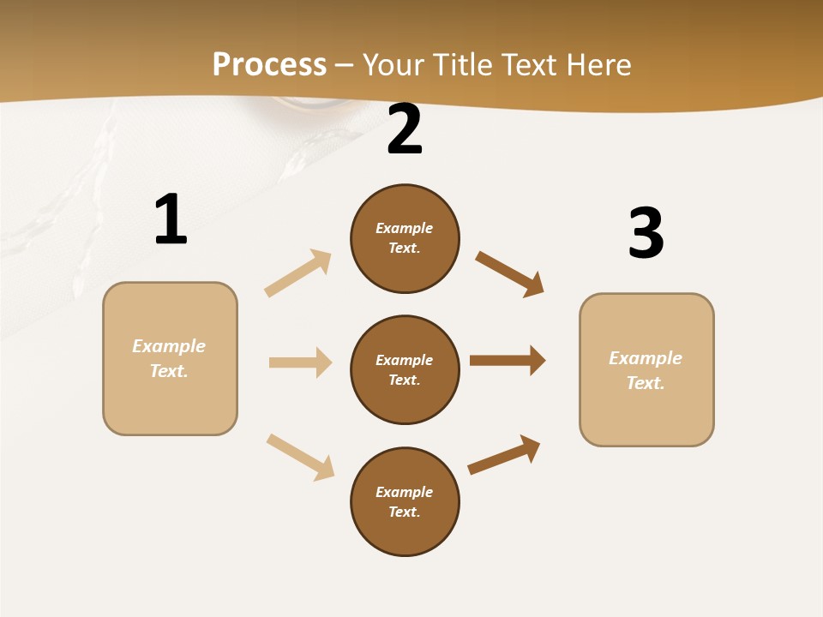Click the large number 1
[x=171, y=219]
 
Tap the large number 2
[x=405, y=129]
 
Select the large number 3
[x=646, y=233]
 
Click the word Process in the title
[x=269, y=64]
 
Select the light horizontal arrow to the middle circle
[x=300, y=362]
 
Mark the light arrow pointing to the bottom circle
[x=300, y=457]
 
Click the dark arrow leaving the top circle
[x=509, y=274]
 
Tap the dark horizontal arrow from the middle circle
[x=508, y=360]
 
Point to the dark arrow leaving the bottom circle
[x=504, y=454]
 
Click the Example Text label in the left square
[x=169, y=358]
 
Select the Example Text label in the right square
[x=646, y=370]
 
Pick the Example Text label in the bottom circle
[x=405, y=502]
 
